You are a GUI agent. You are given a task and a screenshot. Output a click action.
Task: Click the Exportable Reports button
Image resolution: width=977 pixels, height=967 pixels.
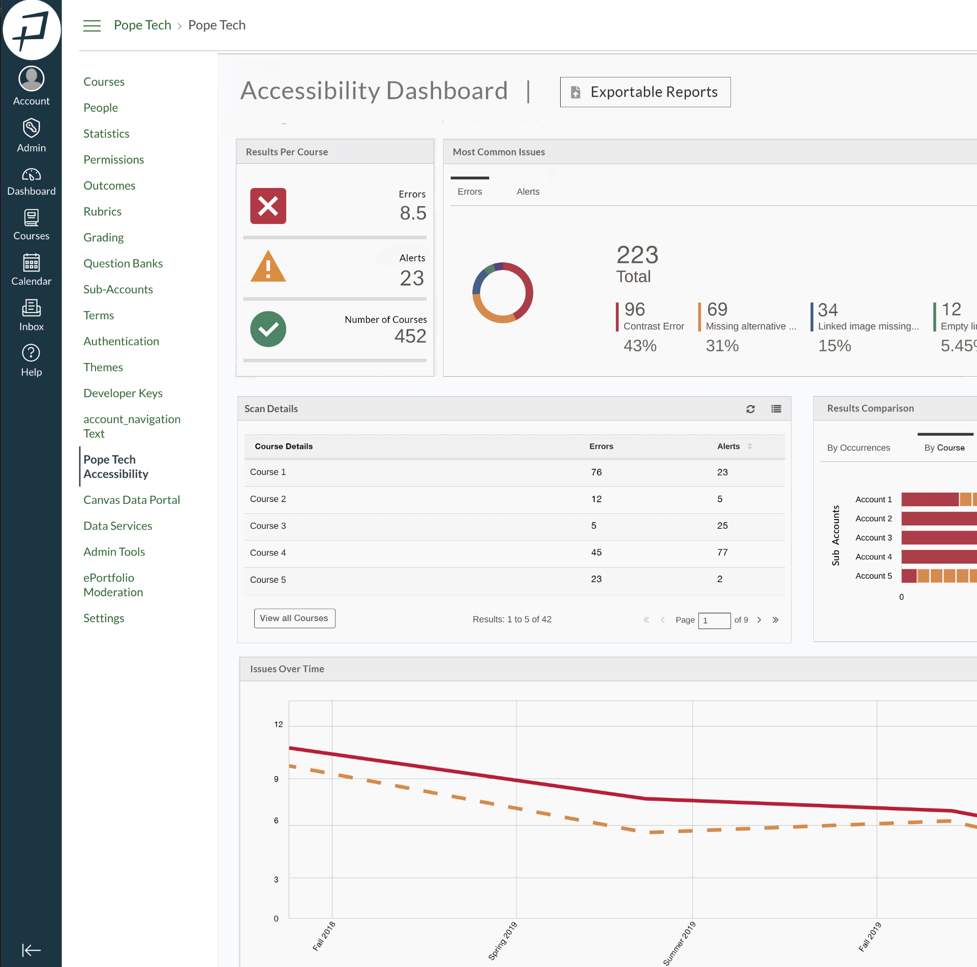tap(645, 92)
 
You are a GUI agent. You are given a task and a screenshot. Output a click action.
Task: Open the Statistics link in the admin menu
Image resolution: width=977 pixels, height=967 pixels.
tap(106, 134)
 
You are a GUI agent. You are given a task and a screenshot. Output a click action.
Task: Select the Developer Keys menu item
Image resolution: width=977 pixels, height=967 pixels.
tap(123, 393)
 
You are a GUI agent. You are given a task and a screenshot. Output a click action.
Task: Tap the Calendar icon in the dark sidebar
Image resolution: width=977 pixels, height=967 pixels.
tap(31, 263)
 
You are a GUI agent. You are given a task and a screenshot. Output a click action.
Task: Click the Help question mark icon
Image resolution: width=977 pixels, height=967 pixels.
tap(31, 353)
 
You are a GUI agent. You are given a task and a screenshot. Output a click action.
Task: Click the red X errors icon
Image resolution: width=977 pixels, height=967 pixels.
tap(268, 206)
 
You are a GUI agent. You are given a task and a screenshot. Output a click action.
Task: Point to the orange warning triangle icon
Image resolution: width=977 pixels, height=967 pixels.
tap(268, 267)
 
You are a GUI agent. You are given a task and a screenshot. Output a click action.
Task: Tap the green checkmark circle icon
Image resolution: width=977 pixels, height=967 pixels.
tap(268, 329)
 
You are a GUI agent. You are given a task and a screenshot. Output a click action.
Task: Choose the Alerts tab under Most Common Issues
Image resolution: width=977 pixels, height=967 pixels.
tap(528, 192)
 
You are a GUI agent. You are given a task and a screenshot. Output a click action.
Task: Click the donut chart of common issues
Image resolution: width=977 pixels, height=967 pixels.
tap(502, 292)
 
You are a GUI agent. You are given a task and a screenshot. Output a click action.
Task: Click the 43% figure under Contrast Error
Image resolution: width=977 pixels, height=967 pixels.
tap(639, 346)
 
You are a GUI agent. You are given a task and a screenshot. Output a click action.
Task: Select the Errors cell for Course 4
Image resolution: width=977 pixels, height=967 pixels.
tap(596, 552)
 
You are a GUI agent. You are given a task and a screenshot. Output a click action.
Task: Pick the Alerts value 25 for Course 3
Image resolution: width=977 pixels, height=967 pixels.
tap(722, 525)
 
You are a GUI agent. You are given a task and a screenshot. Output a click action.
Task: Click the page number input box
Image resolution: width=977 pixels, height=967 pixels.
tap(714, 620)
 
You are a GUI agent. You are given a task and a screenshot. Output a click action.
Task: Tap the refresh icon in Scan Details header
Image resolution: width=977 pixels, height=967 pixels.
tap(750, 409)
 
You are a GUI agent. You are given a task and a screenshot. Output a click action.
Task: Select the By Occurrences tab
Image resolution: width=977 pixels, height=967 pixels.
tap(858, 448)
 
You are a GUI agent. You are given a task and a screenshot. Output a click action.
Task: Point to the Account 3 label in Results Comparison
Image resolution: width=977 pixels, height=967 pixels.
tap(873, 537)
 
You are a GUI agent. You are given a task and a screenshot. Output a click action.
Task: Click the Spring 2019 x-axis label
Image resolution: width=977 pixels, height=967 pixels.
tap(502, 941)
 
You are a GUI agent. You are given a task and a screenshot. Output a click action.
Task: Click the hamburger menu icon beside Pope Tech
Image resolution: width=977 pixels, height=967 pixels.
tap(92, 25)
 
